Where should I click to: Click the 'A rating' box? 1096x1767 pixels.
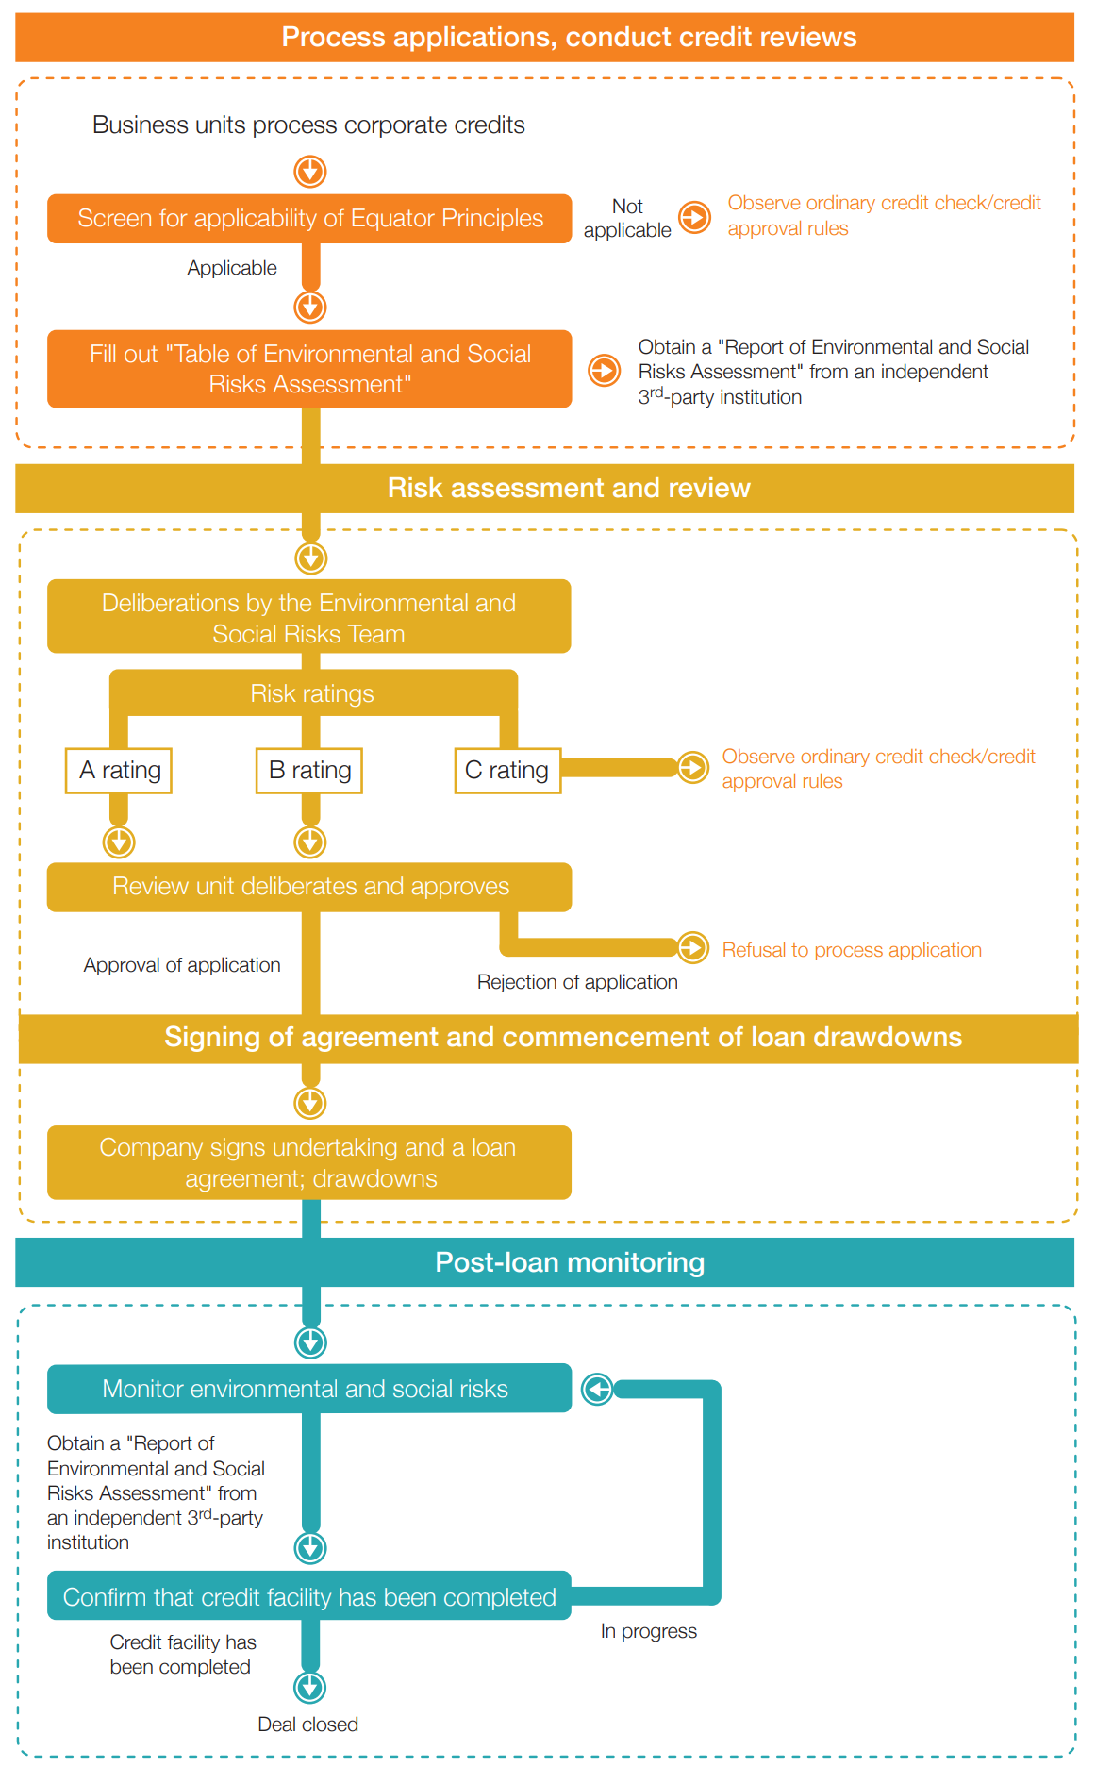coord(119,771)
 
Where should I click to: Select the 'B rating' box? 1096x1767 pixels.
coord(309,771)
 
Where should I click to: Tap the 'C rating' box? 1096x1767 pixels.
coord(507,771)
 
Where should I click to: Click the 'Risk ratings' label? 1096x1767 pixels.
coord(312,694)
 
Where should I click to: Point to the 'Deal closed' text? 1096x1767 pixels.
coord(308,1725)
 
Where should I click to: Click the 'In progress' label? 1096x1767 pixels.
coord(649,1631)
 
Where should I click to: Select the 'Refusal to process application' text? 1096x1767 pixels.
coord(852,950)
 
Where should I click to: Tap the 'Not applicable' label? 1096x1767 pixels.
coord(627,218)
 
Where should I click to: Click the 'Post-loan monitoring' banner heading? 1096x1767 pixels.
coord(570,1262)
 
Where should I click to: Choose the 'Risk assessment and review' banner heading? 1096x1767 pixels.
coord(569,488)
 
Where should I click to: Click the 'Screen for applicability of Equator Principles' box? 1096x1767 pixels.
coord(309,219)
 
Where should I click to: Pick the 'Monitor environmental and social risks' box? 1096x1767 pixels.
coord(309,1389)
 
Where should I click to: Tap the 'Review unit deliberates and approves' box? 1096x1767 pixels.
coord(309,887)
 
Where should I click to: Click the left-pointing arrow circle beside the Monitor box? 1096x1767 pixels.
coord(597,1389)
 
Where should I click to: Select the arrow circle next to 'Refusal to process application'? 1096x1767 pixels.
coord(693,947)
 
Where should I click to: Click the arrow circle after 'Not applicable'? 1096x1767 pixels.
coord(695,218)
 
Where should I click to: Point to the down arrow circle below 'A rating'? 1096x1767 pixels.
coord(119,842)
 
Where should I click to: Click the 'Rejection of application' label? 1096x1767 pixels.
coord(577,982)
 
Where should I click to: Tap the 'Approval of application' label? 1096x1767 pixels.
coord(182,965)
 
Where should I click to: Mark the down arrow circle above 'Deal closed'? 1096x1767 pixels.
coord(310,1687)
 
